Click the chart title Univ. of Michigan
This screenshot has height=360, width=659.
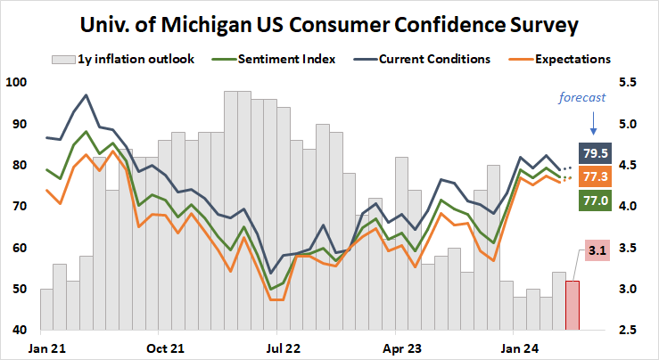click(x=328, y=24)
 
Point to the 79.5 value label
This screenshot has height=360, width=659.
click(x=595, y=151)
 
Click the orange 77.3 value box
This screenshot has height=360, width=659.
click(x=595, y=176)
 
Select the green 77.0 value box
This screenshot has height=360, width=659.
click(x=595, y=202)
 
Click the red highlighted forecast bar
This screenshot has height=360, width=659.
click(x=573, y=305)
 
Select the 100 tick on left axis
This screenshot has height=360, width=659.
click(x=16, y=83)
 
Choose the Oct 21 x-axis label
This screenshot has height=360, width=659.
click(x=165, y=348)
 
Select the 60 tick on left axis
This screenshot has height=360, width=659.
click(x=19, y=248)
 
